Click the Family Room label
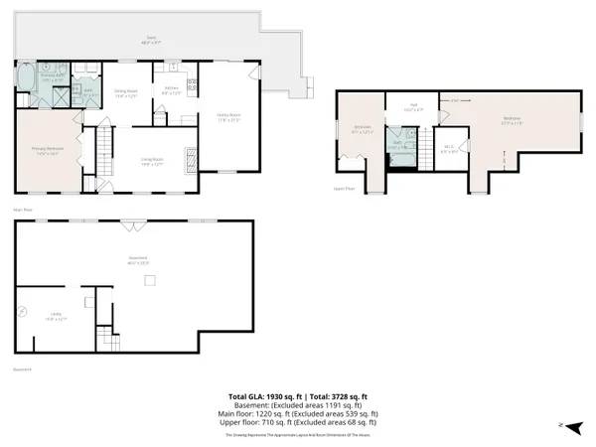pos(228,117)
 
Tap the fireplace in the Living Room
pos(193,156)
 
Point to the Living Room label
pos(151,160)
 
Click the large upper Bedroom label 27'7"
pos(512,121)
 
